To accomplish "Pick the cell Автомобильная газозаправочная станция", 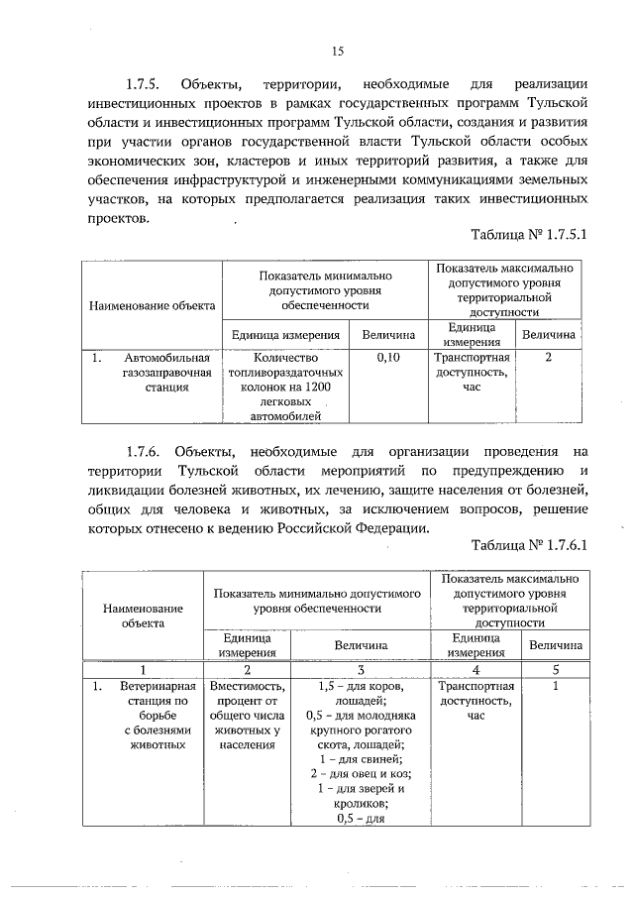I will coord(164,373).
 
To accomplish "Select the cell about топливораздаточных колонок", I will coord(285,387).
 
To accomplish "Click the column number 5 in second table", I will coord(555,669).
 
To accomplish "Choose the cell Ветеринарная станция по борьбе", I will coord(151,714).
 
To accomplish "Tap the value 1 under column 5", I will coord(555,685).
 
